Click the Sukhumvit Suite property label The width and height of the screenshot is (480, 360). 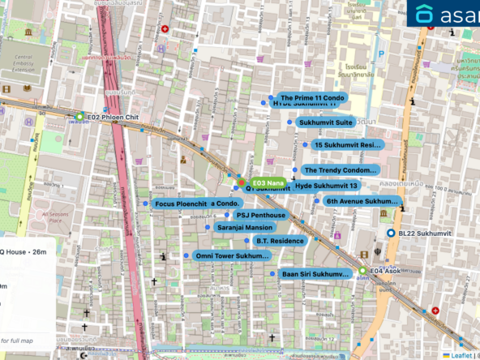(325, 122)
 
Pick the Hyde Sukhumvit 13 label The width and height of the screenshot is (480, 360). (326, 186)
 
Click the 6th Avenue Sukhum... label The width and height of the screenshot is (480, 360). (362, 200)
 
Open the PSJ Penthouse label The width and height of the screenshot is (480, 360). (260, 215)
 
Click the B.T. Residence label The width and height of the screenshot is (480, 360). (280, 241)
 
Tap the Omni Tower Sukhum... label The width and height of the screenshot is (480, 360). (232, 255)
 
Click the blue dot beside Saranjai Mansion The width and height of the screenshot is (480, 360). (208, 228)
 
